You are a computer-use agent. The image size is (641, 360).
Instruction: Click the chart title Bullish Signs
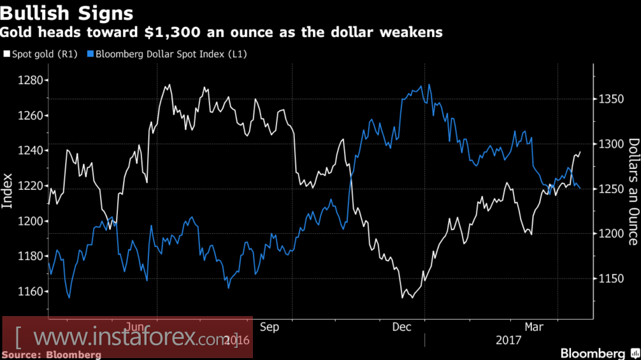pos(67,13)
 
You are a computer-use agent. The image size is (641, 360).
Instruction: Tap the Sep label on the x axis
pos(270,328)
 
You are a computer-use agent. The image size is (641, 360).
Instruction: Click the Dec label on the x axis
pos(401,328)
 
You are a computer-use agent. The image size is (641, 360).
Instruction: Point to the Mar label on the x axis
pos(534,328)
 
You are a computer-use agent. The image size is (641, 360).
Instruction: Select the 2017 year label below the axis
pos(508,340)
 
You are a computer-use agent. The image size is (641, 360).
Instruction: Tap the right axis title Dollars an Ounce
pos(633,191)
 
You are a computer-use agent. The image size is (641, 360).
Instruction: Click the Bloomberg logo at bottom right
pos(593,353)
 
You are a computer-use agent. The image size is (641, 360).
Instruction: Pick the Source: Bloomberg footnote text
pos(52,354)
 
